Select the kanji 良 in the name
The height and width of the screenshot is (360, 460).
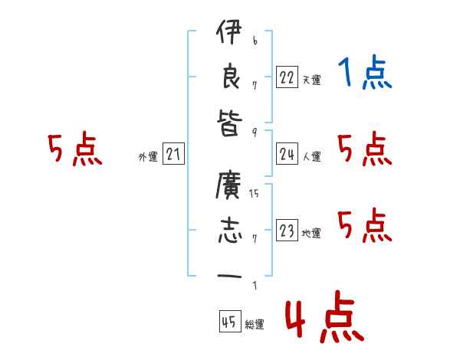tap(228, 77)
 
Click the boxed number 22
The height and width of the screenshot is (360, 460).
tap(287, 77)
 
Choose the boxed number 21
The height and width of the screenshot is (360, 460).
tap(173, 155)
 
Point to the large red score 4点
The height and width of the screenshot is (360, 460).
tap(324, 319)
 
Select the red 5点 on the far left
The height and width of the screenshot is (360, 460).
tap(74, 149)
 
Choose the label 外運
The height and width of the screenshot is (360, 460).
tap(148, 157)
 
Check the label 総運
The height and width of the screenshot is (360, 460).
tap(255, 325)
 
